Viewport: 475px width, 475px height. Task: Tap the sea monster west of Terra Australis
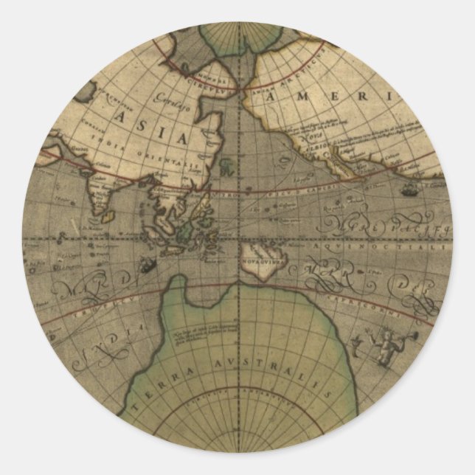tap(148, 266)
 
